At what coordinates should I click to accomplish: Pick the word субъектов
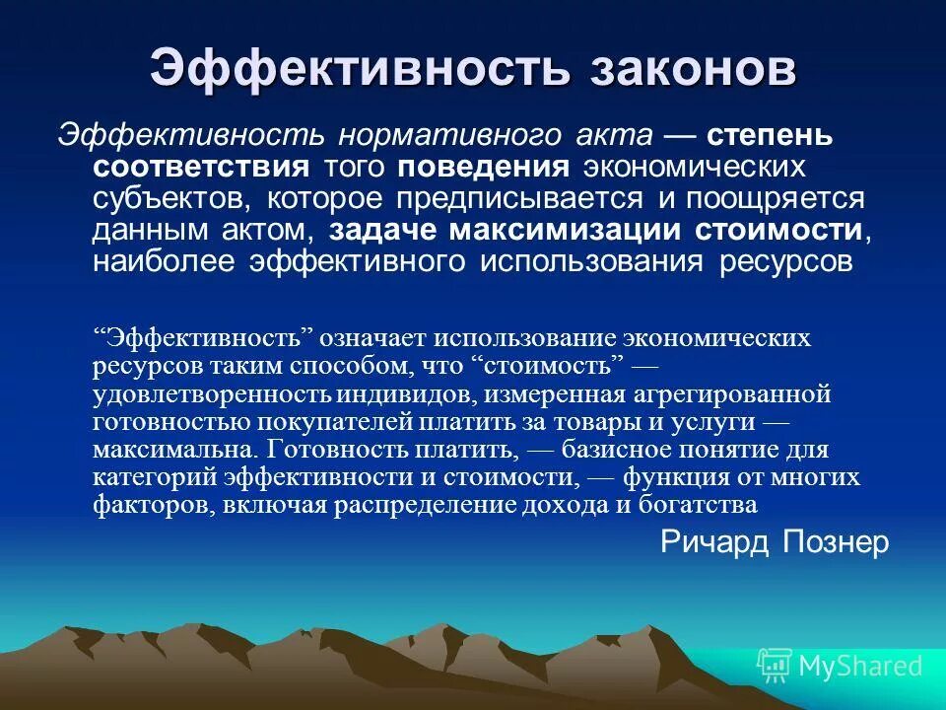pos(167,198)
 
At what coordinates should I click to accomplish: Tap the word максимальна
pos(175,450)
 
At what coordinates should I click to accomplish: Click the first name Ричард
pos(713,541)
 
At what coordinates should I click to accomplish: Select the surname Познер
pos(837,541)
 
